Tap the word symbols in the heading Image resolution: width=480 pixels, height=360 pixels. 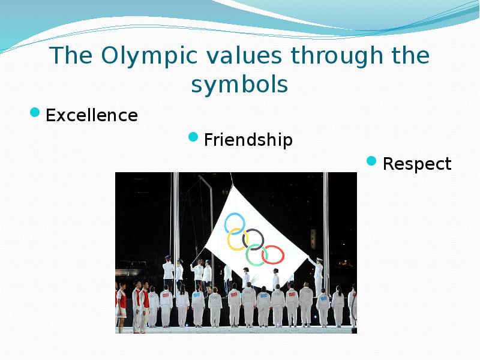click(x=239, y=85)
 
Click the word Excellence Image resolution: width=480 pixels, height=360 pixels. click(x=91, y=115)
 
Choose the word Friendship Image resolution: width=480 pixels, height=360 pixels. click(x=248, y=140)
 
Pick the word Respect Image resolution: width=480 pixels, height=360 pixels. click(x=416, y=164)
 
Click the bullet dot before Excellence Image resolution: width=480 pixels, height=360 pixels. click(x=35, y=112)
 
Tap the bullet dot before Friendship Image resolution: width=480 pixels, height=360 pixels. click(x=193, y=137)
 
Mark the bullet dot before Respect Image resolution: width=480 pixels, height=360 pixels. click(x=371, y=161)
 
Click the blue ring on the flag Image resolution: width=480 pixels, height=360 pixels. click(x=235, y=223)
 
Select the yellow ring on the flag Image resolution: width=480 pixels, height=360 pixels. click(x=238, y=240)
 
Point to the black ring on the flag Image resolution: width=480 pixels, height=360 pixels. click(x=253, y=238)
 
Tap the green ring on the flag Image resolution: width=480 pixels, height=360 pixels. click(x=257, y=255)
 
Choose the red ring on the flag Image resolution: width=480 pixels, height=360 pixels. click(x=273, y=255)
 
